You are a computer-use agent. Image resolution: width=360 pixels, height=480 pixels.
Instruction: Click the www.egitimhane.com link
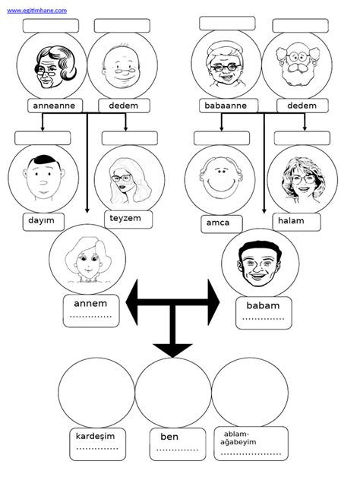pyautogui.click(x=36, y=11)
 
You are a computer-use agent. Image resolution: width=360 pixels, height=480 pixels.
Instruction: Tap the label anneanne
pyautogui.click(x=54, y=106)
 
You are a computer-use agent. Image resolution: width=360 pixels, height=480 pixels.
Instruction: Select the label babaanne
pyautogui.click(x=226, y=106)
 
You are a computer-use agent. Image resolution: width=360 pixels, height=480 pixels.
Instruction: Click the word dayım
pyautogui.click(x=41, y=220)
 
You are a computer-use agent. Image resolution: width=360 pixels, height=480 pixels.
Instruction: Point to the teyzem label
pyautogui.click(x=125, y=218)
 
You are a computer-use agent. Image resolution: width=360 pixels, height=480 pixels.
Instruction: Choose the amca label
pyautogui.click(x=218, y=223)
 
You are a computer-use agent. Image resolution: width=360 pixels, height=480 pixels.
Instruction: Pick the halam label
pyautogui.click(x=291, y=221)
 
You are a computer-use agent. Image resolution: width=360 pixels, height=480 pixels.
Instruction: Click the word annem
pyautogui.click(x=90, y=304)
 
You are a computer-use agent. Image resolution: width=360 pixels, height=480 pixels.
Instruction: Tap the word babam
pyautogui.click(x=263, y=305)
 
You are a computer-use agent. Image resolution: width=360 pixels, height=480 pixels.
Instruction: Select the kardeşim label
pyautogui.click(x=95, y=437)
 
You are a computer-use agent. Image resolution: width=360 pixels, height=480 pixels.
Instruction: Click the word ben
pyautogui.click(x=169, y=437)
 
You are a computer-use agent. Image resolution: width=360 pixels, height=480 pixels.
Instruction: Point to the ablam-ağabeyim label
pyautogui.click(x=238, y=438)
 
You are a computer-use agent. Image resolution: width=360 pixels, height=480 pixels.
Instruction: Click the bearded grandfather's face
pyautogui.click(x=298, y=65)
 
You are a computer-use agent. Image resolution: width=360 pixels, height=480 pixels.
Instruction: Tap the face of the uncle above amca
pyautogui.click(x=221, y=178)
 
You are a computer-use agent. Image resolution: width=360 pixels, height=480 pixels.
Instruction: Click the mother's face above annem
pyautogui.click(x=88, y=260)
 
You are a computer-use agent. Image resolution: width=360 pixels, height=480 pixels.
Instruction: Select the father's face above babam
pyautogui.click(x=260, y=264)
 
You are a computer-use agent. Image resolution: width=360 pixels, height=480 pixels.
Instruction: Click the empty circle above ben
pyautogui.click(x=173, y=393)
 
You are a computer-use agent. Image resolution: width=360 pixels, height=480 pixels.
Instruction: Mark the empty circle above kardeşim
pyautogui.click(x=96, y=393)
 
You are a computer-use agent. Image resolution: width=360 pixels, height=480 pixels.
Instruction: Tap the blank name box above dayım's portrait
pyautogui.click(x=43, y=138)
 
